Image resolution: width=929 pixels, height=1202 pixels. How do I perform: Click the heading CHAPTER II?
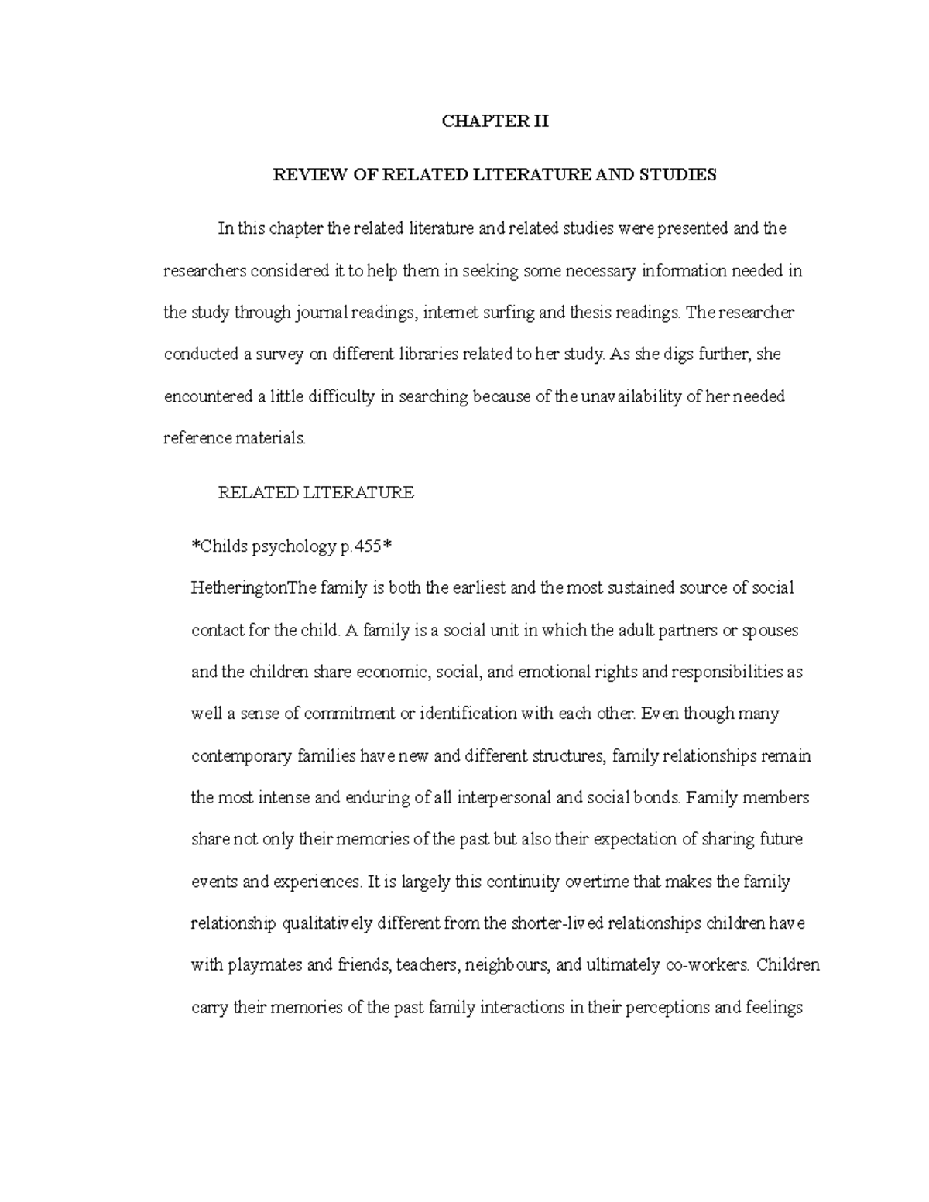[495, 122]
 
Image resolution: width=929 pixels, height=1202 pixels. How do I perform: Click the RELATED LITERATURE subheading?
[316, 492]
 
